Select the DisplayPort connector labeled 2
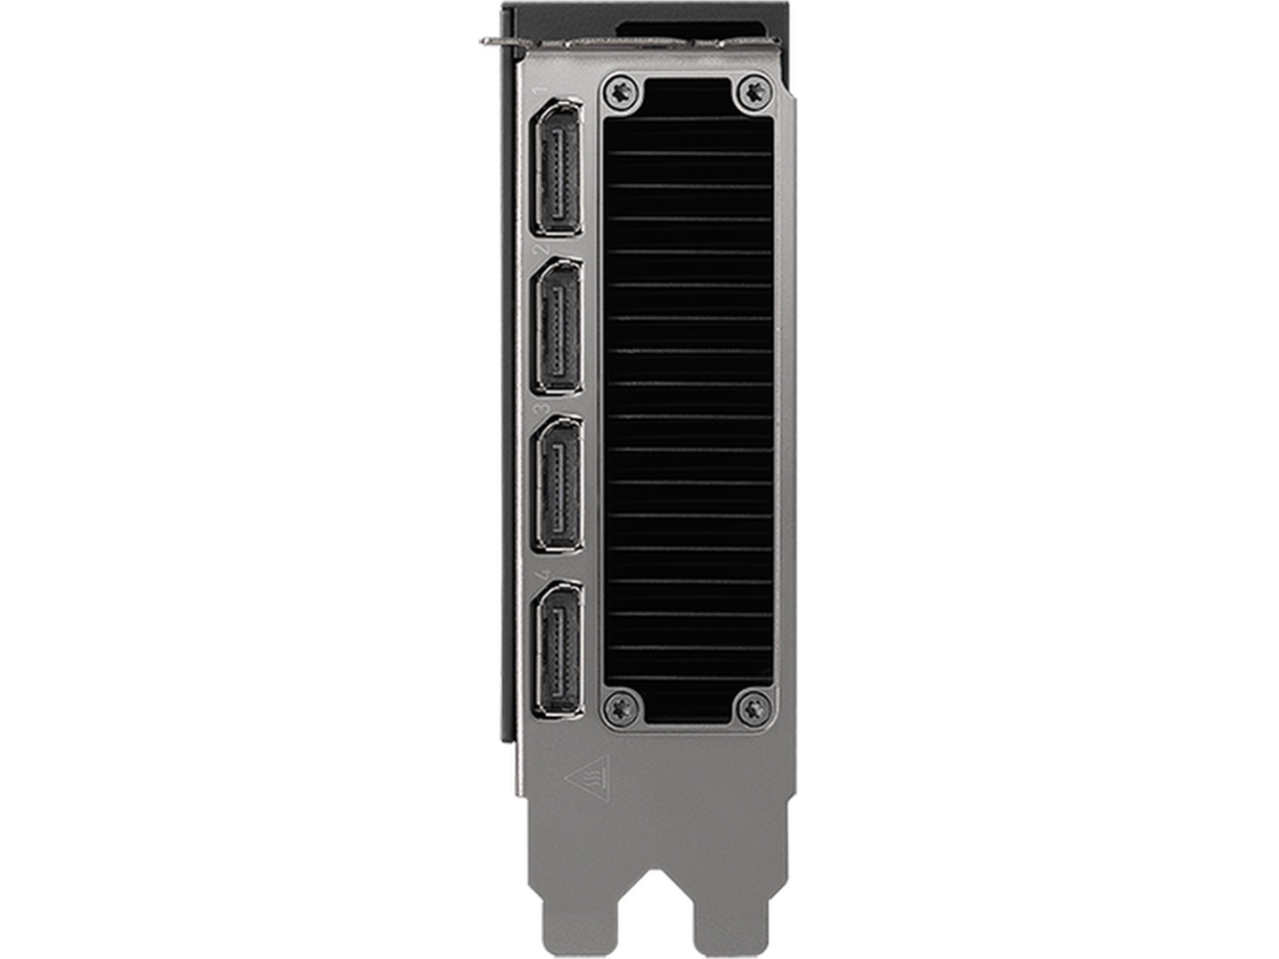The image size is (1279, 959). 557,327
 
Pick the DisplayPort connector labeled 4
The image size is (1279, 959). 558,651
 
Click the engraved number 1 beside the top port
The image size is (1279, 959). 542,91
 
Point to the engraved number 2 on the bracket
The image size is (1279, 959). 542,249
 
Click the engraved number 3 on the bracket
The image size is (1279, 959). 542,409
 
